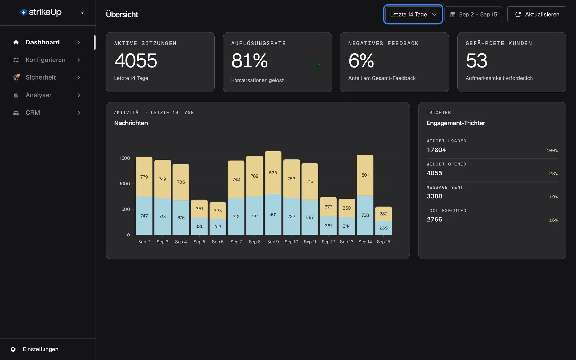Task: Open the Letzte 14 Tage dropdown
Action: [413, 14]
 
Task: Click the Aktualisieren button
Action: [537, 14]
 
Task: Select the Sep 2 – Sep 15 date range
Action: [473, 14]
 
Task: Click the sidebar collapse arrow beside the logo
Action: [83, 13]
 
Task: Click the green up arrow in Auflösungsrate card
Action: [318, 66]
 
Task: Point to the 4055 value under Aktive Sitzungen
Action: [136, 60]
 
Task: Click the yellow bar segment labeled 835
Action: [273, 172]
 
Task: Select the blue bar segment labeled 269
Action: [383, 228]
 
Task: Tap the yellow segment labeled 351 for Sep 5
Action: [199, 209]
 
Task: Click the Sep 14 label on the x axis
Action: [365, 242]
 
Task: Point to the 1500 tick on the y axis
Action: [125, 158]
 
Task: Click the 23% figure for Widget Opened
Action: [553, 174]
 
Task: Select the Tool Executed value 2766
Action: [434, 220]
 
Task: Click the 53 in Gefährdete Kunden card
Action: [476, 60]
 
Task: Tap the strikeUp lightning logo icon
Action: [23, 12]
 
